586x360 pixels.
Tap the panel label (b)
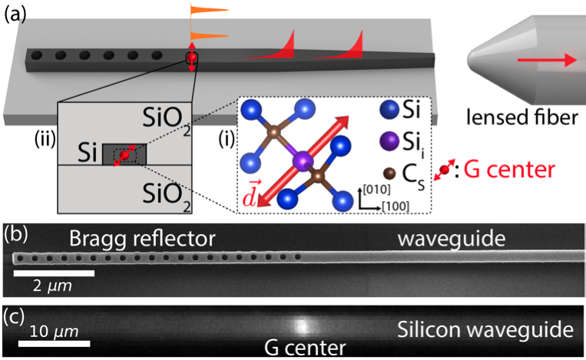15,232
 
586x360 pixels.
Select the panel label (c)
15,315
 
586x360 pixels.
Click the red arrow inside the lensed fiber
547,61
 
